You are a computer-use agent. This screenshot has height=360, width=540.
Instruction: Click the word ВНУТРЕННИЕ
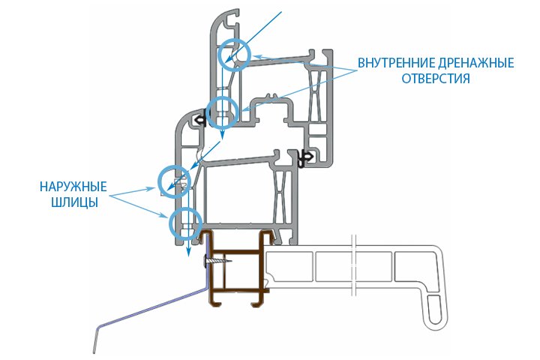click(396, 62)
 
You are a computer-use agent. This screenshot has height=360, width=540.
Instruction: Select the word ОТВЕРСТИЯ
click(435, 78)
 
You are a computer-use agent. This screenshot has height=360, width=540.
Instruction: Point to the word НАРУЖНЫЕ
click(64, 185)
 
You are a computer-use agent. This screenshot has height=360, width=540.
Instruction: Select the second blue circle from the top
click(221, 112)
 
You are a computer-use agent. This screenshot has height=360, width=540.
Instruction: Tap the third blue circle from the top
click(174, 180)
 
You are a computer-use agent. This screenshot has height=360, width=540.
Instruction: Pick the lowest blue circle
click(184, 222)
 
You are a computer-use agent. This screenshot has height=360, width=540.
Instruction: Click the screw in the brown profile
click(217, 262)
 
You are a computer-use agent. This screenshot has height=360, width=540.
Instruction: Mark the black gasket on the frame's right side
click(304, 157)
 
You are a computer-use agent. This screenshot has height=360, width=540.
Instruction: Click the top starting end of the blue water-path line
click(280, 12)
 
